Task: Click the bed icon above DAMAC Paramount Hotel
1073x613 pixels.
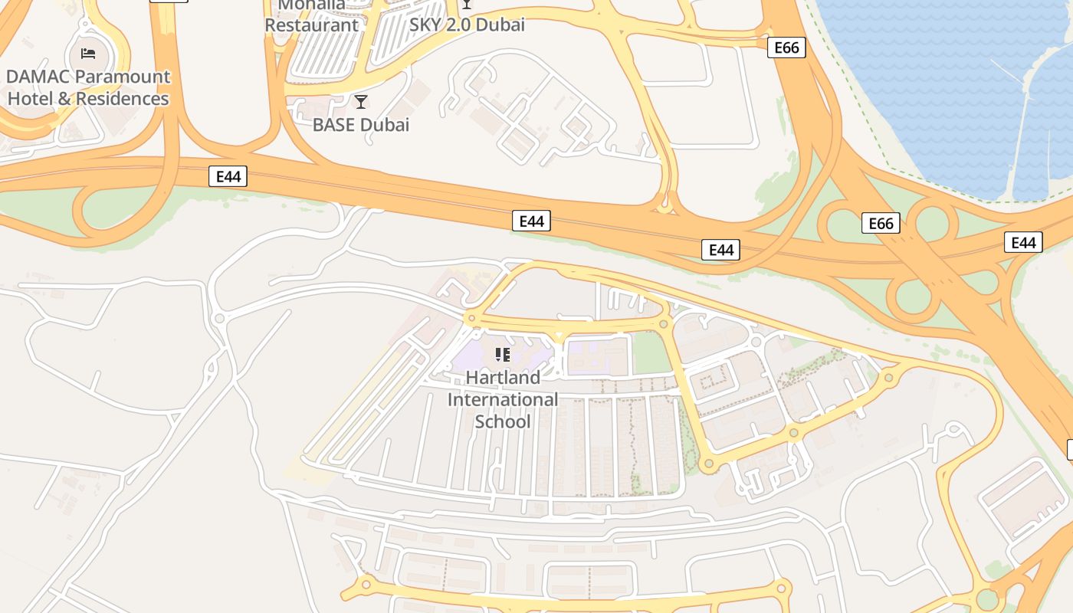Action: (x=88, y=53)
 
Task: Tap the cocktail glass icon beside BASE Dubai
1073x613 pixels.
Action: (x=361, y=101)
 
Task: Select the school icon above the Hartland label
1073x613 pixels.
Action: (x=503, y=354)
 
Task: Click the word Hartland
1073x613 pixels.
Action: (x=503, y=377)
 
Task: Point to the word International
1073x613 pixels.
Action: (x=503, y=399)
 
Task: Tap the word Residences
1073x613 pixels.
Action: (x=122, y=99)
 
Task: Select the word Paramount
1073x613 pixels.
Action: (x=127, y=77)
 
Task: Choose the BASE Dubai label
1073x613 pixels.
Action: (x=361, y=124)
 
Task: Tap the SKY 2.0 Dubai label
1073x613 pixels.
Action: (x=467, y=25)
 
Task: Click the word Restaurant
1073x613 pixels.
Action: (x=311, y=25)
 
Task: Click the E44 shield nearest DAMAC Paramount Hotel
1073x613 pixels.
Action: (x=228, y=177)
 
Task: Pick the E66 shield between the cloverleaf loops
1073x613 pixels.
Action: (x=881, y=224)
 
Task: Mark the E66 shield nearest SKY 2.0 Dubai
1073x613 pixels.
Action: (x=786, y=48)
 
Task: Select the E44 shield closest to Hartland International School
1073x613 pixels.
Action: (x=531, y=221)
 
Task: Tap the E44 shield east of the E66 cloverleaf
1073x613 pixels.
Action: (x=1023, y=243)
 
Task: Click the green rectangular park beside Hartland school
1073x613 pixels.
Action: (x=649, y=353)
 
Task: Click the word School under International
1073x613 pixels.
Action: (x=503, y=421)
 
